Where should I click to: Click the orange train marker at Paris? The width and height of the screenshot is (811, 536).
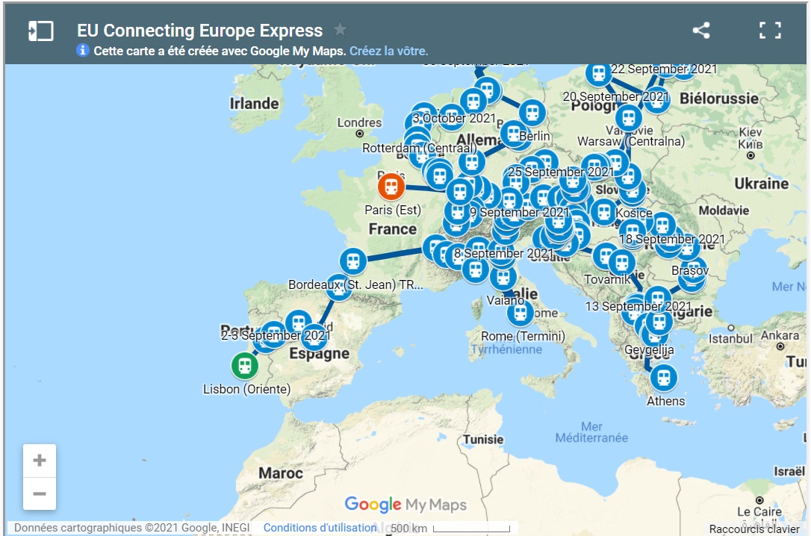click(x=391, y=186)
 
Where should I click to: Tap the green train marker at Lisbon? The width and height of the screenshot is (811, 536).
click(x=244, y=366)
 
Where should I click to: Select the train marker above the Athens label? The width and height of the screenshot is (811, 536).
click(x=663, y=378)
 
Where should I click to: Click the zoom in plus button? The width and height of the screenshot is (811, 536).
click(x=40, y=461)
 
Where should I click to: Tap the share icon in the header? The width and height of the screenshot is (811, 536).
click(x=701, y=31)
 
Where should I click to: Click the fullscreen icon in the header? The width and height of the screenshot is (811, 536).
click(x=770, y=31)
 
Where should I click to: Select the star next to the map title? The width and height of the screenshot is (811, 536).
click(x=340, y=30)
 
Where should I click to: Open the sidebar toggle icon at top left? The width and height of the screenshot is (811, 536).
click(x=40, y=31)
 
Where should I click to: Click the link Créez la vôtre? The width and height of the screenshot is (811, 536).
click(x=388, y=51)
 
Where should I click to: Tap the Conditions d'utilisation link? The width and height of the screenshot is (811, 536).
click(x=320, y=528)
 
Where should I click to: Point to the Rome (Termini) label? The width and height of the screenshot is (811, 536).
click(x=523, y=336)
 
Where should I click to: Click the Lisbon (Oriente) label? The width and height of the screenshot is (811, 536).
click(x=246, y=389)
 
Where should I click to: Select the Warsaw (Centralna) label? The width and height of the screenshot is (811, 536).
click(x=631, y=140)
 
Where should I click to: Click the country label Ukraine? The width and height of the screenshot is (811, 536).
click(x=761, y=184)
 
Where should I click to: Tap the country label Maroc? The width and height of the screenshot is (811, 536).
click(x=281, y=473)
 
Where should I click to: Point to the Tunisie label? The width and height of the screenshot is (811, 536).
click(x=483, y=439)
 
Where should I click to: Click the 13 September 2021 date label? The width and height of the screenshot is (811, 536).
click(x=638, y=306)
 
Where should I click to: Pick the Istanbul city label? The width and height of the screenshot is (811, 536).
click(x=730, y=338)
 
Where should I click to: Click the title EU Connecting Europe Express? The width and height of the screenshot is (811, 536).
click(x=200, y=31)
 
